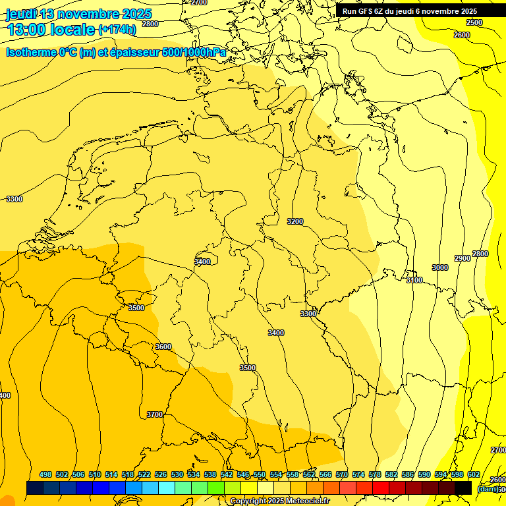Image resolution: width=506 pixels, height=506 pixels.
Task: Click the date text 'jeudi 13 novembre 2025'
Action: pyautogui.click(x=78, y=14)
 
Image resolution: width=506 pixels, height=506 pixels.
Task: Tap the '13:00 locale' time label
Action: pyautogui.click(x=51, y=30)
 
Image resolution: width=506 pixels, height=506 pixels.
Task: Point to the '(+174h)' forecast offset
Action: pyautogui.click(x=117, y=30)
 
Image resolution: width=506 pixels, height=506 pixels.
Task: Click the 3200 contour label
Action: pyautogui.click(x=295, y=221)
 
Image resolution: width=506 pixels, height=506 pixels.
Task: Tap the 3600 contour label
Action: pyautogui.click(x=163, y=347)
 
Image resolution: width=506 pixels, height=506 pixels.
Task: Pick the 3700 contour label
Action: pyautogui.click(x=155, y=414)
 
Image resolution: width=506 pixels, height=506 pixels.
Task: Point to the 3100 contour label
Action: pyautogui.click(x=414, y=280)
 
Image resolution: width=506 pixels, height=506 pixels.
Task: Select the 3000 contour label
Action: pyautogui.click(x=440, y=267)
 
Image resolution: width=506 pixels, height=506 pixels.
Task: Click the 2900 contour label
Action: pyautogui.click(x=463, y=258)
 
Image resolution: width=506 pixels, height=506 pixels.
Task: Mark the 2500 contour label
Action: pyautogui.click(x=474, y=22)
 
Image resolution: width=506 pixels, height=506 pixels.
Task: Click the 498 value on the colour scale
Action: pyautogui.click(x=45, y=474)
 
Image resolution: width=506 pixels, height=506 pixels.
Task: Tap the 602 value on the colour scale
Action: pyautogui.click(x=474, y=474)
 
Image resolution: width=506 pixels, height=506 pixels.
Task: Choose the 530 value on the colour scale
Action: pyautogui.click(x=177, y=474)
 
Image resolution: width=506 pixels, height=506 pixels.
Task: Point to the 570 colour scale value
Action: pyautogui.click(x=342, y=474)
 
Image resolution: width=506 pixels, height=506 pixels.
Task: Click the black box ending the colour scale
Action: pyautogui.click(x=463, y=488)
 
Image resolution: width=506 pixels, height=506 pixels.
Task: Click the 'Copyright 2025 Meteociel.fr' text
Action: pyautogui.click(x=280, y=501)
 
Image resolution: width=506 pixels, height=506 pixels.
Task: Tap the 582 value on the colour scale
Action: pyautogui.click(x=391, y=474)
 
